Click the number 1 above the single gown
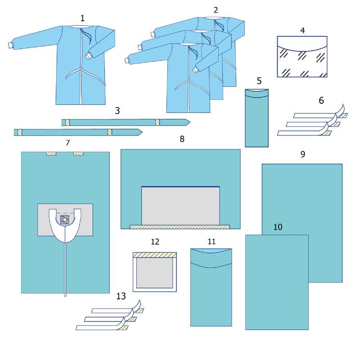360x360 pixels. point(82,18)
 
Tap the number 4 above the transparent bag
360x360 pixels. point(302,30)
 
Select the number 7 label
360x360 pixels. point(68,143)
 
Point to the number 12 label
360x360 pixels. point(155,242)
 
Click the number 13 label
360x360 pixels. point(121,296)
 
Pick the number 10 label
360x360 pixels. point(278,227)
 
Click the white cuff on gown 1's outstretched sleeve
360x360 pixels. point(10,45)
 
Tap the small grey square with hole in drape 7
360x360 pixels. point(64,220)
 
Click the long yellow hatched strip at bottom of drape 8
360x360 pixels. point(180,227)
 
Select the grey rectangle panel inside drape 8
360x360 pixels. point(180,206)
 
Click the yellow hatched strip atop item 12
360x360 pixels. point(155,255)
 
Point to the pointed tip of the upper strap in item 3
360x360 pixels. point(190,122)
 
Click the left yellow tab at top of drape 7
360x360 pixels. point(51,153)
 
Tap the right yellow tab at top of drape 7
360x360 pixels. point(78,153)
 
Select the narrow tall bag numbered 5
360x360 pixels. point(256,118)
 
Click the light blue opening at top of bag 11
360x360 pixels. point(211,251)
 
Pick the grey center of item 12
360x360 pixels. point(154,273)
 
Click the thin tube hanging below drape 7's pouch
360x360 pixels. point(65,270)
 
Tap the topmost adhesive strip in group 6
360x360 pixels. point(320,113)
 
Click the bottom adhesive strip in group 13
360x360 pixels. point(102,326)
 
